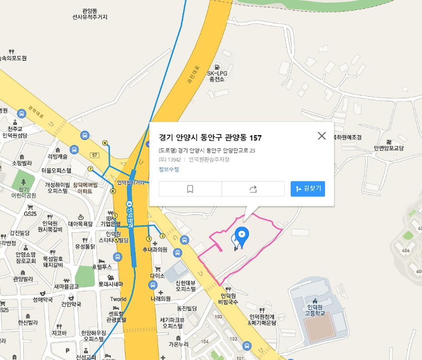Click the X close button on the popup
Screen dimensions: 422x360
322,136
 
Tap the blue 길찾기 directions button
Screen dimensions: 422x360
308,188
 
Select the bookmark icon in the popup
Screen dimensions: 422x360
190,188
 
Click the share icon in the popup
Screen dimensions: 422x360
253,188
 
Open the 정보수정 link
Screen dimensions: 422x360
169,169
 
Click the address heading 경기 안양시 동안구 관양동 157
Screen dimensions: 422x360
210,138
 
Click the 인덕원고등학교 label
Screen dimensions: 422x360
314,310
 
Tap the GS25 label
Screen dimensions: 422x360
30,214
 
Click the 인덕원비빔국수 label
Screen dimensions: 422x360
228,299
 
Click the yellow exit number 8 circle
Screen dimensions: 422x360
104,143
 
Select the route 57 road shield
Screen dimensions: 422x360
95,155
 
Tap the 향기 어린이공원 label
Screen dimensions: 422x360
24,192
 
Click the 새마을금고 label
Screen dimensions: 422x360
66,286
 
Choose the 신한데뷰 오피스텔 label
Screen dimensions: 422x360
186,286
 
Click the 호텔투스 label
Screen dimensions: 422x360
102,267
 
